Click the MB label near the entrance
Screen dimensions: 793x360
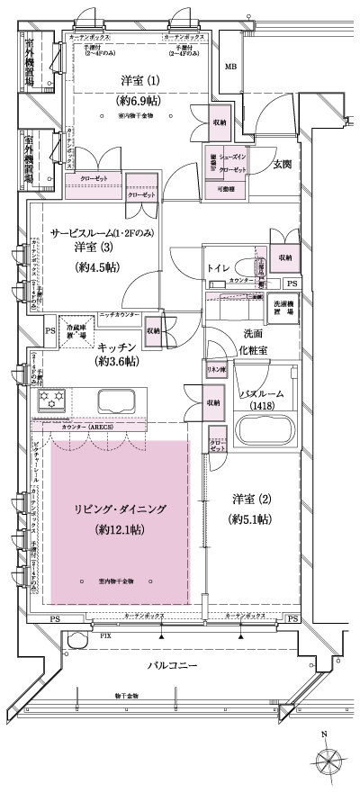[x=230, y=68]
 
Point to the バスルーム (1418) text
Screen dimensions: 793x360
[x=263, y=400]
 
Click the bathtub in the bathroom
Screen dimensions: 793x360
[x=265, y=430]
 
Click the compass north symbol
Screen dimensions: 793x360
[x=323, y=758]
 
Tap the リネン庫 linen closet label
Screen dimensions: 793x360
[x=215, y=371]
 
